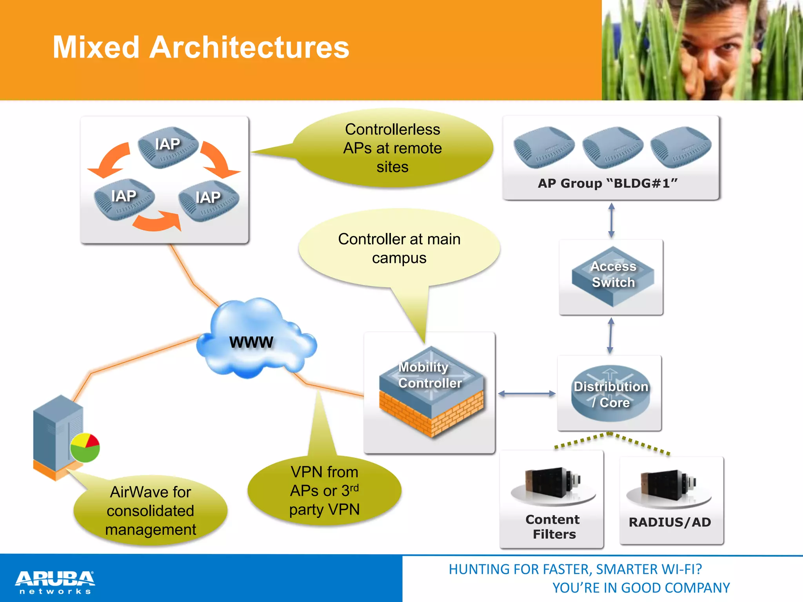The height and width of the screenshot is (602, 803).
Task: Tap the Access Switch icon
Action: (612, 277)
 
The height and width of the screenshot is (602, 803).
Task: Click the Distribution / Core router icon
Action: (610, 394)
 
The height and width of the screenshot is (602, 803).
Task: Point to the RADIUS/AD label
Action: (670, 522)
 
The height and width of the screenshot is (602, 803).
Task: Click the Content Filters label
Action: (553, 527)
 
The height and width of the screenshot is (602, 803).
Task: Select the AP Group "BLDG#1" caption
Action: (607, 183)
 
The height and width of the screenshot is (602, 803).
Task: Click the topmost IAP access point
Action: (168, 147)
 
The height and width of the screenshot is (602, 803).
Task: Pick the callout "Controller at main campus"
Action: (399, 248)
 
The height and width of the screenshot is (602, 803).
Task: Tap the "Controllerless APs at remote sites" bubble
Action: (392, 148)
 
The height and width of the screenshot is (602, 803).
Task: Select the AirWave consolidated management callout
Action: (151, 511)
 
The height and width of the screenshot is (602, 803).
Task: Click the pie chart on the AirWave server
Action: (85, 448)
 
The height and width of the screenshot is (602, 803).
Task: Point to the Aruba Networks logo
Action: (55, 582)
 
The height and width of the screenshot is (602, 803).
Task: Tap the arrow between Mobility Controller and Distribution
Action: (527, 393)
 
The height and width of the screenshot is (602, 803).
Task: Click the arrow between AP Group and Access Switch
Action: (611, 220)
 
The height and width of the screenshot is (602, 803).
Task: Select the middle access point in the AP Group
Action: (612, 147)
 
